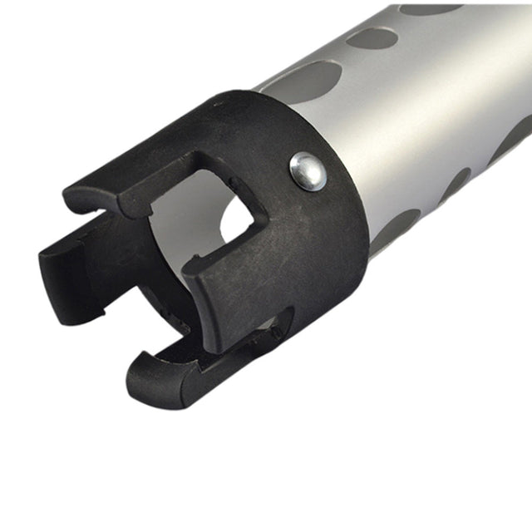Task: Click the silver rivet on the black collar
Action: [x=308, y=171]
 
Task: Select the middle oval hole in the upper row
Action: [x=371, y=38]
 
